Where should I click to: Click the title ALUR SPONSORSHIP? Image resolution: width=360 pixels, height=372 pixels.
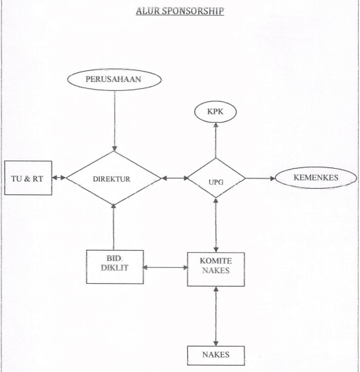pyautogui.click(x=180, y=11)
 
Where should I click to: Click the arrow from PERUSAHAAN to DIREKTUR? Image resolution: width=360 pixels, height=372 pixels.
pyautogui.click(x=115, y=121)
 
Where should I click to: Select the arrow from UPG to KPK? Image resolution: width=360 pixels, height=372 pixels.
pyautogui.click(x=215, y=141)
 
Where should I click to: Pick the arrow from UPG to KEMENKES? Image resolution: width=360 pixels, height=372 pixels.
pyautogui.click(x=260, y=178)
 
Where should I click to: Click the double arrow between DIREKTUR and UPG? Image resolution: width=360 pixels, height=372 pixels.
pyautogui.click(x=175, y=178)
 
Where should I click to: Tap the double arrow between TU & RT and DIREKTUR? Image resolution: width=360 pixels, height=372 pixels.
pyautogui.click(x=59, y=178)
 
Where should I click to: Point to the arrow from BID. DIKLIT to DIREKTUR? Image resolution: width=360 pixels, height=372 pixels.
pyautogui.click(x=114, y=227)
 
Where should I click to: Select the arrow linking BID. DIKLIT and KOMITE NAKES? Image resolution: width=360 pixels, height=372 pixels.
pyautogui.click(x=165, y=267)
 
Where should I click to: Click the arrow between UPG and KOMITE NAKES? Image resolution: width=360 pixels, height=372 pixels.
pyautogui.click(x=216, y=225)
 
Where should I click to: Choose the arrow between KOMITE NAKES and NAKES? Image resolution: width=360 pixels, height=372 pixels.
pyautogui.click(x=216, y=316)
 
